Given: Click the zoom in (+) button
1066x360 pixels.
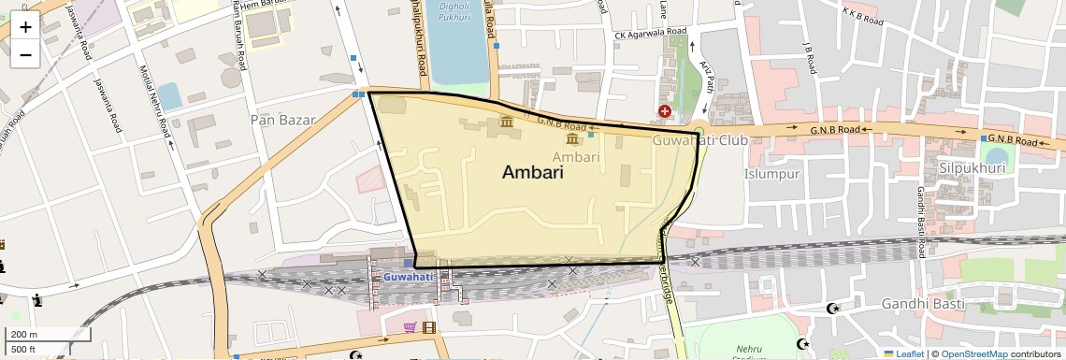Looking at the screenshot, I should [x=25, y=27].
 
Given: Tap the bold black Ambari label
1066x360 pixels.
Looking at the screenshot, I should [x=533, y=172].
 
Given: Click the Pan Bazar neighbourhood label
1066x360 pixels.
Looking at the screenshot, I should [x=283, y=120].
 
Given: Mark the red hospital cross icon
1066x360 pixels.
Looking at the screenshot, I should [x=664, y=111].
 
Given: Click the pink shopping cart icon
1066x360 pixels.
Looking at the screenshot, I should [x=410, y=327].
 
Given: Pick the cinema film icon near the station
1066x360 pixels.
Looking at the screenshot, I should [x=428, y=327].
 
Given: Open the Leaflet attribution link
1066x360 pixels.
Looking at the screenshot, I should [x=903, y=354].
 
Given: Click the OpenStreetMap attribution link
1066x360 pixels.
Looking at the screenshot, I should [x=973, y=354].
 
